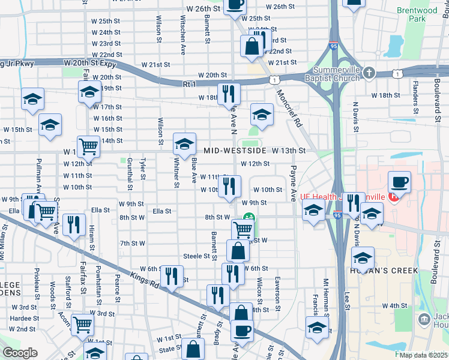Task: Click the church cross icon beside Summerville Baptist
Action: (369, 73)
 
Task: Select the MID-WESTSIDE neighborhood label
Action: (234, 151)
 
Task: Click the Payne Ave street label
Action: (294, 183)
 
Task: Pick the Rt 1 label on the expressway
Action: (190, 85)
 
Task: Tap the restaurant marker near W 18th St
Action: (229, 94)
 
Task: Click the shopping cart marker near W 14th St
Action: (88, 145)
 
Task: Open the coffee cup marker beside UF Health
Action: (399, 182)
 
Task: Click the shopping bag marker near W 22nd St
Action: (251, 46)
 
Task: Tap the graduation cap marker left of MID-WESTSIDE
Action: (184, 143)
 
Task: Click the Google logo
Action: (20, 353)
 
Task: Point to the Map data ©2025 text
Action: (423, 355)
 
